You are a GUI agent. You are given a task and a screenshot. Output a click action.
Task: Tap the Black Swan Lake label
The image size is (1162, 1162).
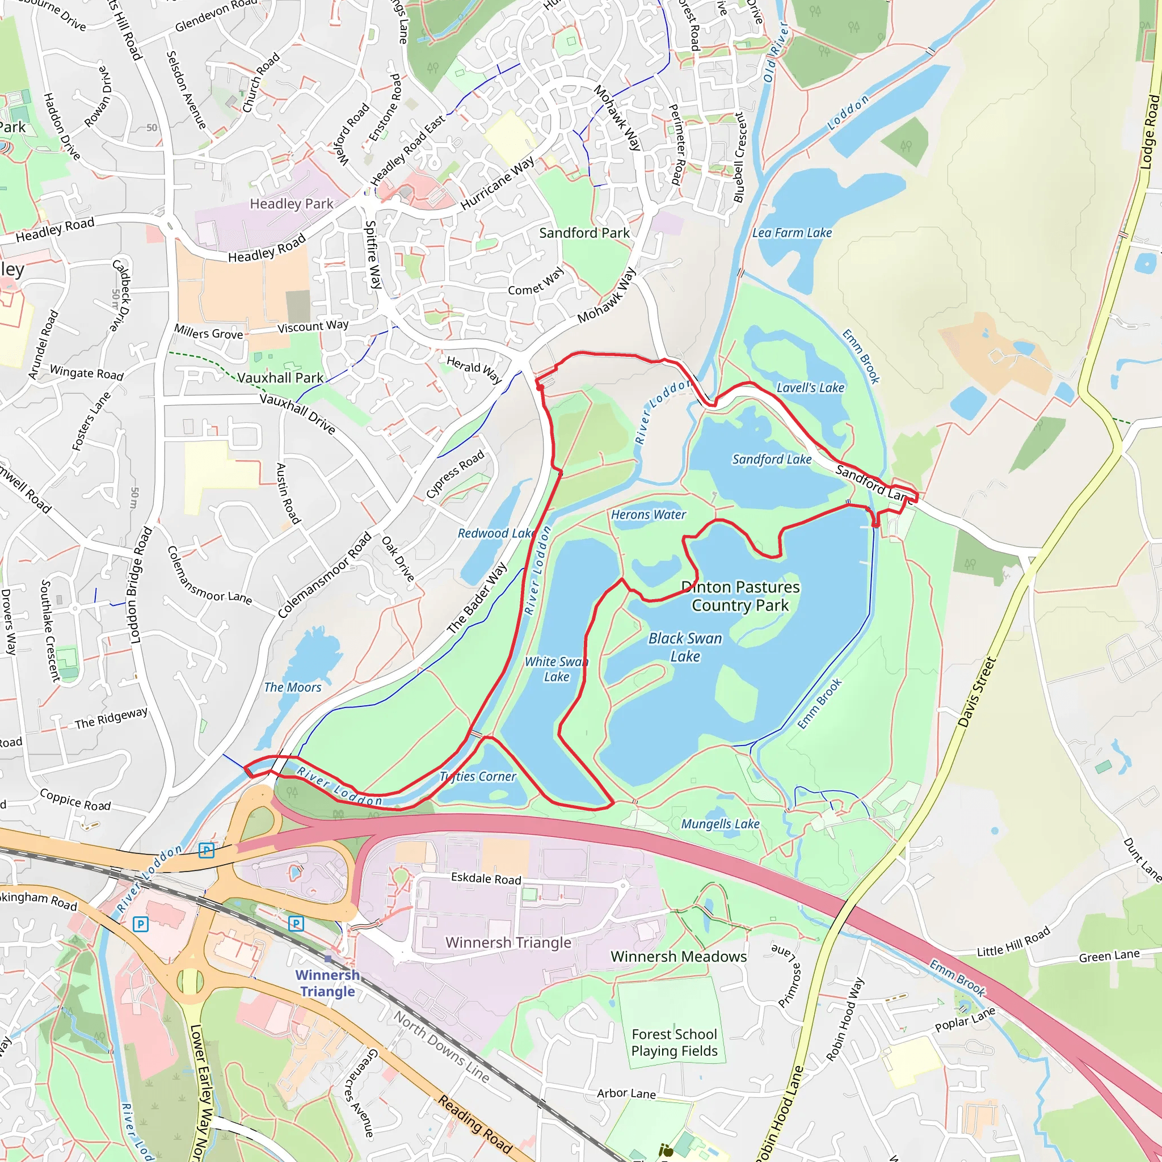[x=685, y=647]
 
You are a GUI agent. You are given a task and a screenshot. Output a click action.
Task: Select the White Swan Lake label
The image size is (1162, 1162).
[x=557, y=669]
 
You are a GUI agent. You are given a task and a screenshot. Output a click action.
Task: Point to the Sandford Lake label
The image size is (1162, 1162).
[x=772, y=460]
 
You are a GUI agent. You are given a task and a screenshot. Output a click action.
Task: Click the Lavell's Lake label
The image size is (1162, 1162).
[x=810, y=388]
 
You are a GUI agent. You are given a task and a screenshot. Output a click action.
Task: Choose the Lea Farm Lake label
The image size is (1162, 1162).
[x=792, y=233]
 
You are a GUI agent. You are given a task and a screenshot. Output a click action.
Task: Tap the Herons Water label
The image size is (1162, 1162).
[x=649, y=515]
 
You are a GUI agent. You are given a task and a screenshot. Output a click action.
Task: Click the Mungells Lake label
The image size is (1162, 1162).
[x=720, y=824]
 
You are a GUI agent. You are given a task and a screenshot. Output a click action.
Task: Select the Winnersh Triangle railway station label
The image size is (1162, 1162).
[x=328, y=983]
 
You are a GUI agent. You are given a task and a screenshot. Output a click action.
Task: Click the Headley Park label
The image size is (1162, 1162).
[x=292, y=204]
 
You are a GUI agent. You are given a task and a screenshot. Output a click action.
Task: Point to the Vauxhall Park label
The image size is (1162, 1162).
[x=280, y=378]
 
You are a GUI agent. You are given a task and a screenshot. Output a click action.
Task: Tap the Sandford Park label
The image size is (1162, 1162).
[x=584, y=233]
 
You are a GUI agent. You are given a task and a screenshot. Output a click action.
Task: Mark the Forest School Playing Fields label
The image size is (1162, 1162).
[x=674, y=1042]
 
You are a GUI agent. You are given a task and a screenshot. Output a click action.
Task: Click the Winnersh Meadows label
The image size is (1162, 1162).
[x=679, y=956]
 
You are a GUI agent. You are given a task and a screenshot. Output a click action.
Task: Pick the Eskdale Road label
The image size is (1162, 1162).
[x=486, y=879]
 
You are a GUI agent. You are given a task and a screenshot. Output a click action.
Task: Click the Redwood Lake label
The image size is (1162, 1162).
[x=495, y=533]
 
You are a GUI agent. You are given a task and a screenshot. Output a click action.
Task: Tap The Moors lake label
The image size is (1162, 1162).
[x=293, y=687]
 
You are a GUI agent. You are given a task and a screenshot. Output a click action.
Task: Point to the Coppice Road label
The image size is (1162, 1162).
[x=75, y=800]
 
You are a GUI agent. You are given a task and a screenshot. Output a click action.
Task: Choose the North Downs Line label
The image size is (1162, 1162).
[x=441, y=1046]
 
